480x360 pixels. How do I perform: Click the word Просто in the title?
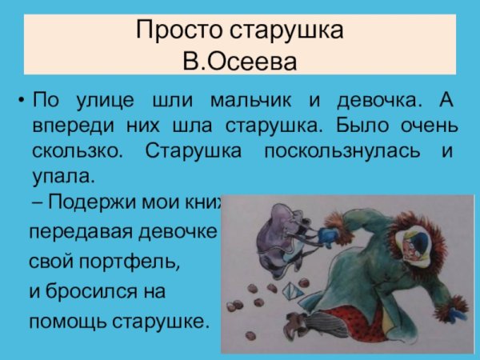click(171, 32)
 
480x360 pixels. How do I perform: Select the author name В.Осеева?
click(240, 60)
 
